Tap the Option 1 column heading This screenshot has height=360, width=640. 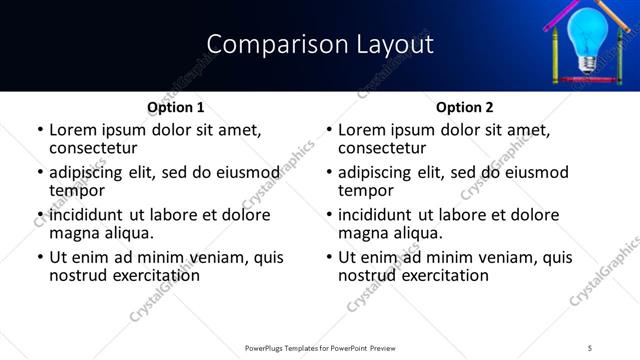[176, 107]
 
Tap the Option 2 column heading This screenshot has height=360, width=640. [465, 107]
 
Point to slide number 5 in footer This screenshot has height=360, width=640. [590, 348]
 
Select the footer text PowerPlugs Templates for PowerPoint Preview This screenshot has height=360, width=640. [319, 348]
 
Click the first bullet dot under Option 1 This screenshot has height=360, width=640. [40, 131]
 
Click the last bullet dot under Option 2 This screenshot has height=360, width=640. [329, 257]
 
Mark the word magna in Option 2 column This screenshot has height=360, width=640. [363, 232]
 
